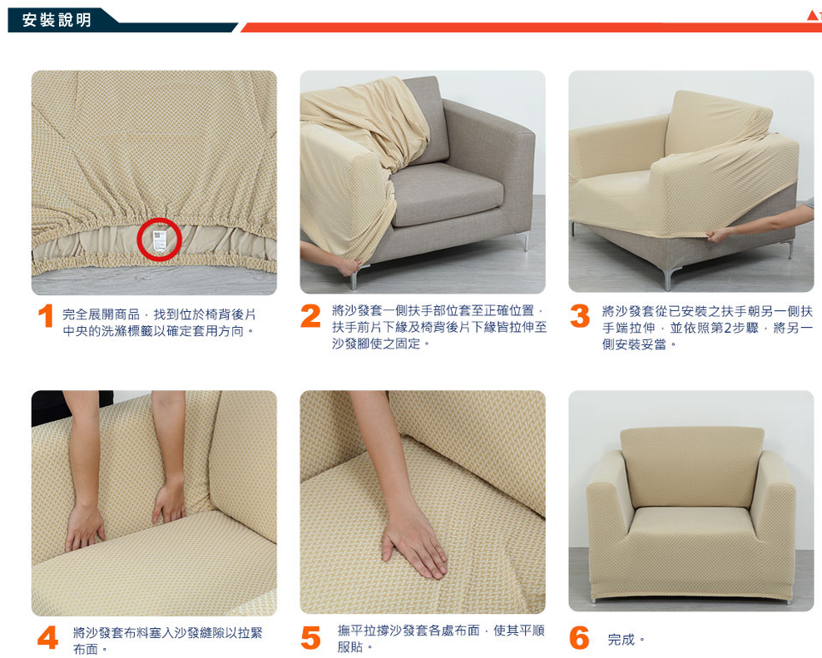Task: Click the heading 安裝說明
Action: coord(57,20)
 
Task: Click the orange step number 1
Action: coord(46,316)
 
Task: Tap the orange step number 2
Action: coord(310,316)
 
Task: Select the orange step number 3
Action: coord(580,316)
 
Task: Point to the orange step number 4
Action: coord(47,637)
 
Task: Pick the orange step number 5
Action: coord(310,637)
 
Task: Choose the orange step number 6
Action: coord(579,637)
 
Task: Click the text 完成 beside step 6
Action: coord(621,640)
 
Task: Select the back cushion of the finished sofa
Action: coord(692,467)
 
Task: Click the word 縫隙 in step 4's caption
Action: coord(212,633)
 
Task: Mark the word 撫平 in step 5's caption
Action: coord(350,631)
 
